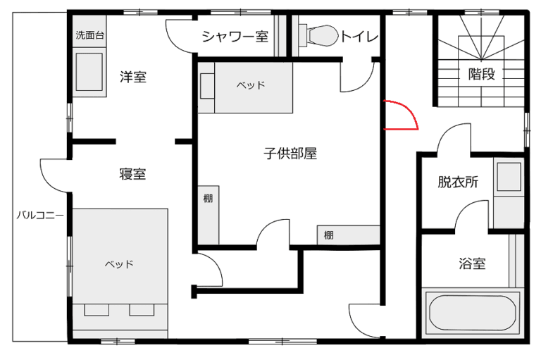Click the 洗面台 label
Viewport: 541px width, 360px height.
(89, 35)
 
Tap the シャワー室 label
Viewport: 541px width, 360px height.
(235, 36)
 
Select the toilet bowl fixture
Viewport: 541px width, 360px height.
(318, 35)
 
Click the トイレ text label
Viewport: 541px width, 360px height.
(359, 36)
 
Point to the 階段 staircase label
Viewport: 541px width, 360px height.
(481, 73)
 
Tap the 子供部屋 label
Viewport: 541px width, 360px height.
(290, 153)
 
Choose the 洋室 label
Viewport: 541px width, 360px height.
(133, 77)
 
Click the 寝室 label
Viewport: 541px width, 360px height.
(133, 173)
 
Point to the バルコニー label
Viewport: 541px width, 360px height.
(40, 216)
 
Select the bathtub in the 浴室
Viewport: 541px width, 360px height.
(473, 312)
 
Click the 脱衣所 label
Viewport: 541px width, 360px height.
(458, 182)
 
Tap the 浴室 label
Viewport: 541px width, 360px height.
(472, 263)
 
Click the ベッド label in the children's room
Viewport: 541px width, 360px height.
(251, 85)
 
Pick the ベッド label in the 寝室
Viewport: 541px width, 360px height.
(119, 264)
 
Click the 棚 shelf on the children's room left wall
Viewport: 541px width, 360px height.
(209, 215)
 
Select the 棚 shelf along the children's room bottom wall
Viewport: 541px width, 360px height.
(349, 235)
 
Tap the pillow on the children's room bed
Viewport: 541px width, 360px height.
(207, 86)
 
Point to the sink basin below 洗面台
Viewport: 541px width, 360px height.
(89, 72)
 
